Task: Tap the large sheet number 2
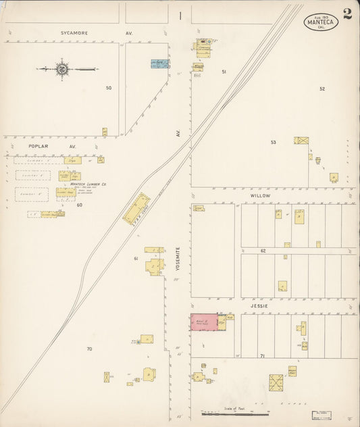tap(347, 14)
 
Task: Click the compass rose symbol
tap(62, 68)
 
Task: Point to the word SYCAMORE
tap(74, 32)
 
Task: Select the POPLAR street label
tap(39, 146)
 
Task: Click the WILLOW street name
tap(261, 195)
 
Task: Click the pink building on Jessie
tap(203, 322)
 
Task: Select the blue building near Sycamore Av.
tap(160, 64)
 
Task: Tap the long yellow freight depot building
tap(136, 209)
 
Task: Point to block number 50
tap(108, 88)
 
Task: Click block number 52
tap(322, 89)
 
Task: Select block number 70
tap(89, 349)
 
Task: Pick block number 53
tap(274, 142)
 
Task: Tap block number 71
tap(262, 355)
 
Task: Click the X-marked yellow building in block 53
tap(301, 141)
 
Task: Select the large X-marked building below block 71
tap(277, 382)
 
